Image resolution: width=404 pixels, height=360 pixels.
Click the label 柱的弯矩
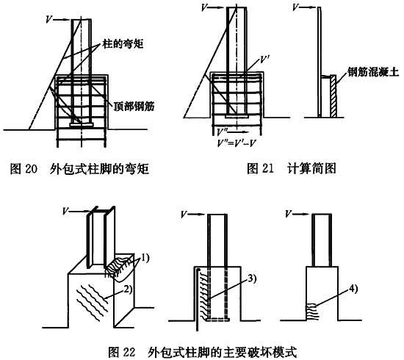coord(123,44)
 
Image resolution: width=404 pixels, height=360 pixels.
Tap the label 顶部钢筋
coord(134,106)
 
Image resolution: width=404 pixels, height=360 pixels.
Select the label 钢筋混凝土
coord(373,72)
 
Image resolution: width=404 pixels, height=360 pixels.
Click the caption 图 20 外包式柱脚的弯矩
coord(79,169)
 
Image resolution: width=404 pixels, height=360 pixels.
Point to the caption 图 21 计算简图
coord(292,168)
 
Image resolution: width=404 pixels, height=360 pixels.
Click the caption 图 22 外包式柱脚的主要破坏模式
coord(202,352)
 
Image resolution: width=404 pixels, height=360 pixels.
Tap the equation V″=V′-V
coord(237,143)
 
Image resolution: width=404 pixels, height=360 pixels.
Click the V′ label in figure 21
coord(264,60)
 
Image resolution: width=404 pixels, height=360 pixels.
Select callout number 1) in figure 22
coord(144,257)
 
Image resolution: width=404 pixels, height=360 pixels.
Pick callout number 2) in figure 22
coord(128,289)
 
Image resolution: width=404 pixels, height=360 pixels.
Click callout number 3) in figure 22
coord(252,278)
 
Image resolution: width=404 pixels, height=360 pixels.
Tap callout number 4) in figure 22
coord(353,289)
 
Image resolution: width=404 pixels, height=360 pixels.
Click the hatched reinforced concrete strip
coord(333,96)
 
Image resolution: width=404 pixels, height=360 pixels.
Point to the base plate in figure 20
coord(82,125)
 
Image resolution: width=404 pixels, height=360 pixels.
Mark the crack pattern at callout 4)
coord(312,312)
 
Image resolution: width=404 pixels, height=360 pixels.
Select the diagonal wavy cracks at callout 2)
coord(92,302)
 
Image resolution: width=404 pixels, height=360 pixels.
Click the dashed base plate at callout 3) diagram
coord(218,320)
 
